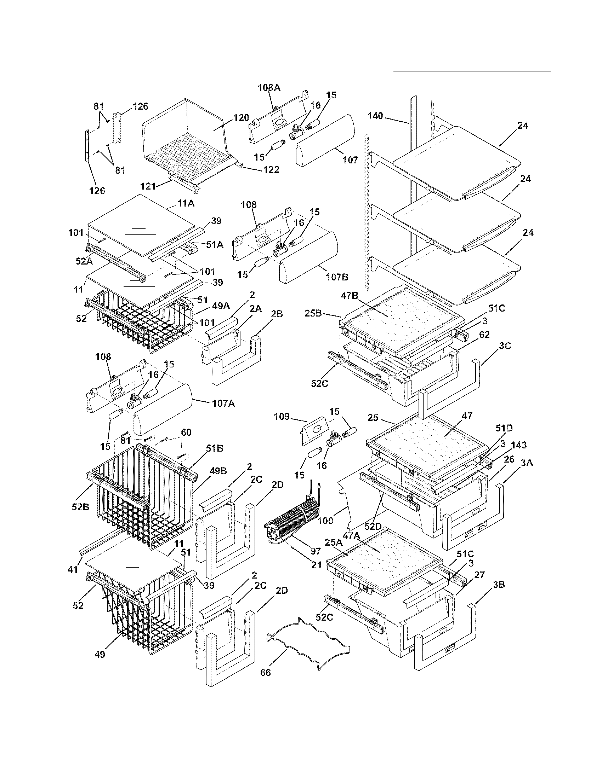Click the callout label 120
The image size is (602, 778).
[x=241, y=118]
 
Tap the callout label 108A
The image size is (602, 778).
[x=269, y=88]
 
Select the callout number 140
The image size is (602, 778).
[x=375, y=116]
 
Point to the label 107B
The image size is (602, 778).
[x=337, y=277]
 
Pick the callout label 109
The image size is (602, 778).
[x=282, y=416]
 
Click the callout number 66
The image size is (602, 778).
[x=266, y=672]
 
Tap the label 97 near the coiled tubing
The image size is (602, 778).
[x=316, y=551]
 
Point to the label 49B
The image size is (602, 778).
[x=218, y=471]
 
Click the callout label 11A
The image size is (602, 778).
[x=186, y=203]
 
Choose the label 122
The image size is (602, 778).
[x=271, y=169]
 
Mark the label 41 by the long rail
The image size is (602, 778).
[x=73, y=570]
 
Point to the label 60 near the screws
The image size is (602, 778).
[x=186, y=432]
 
